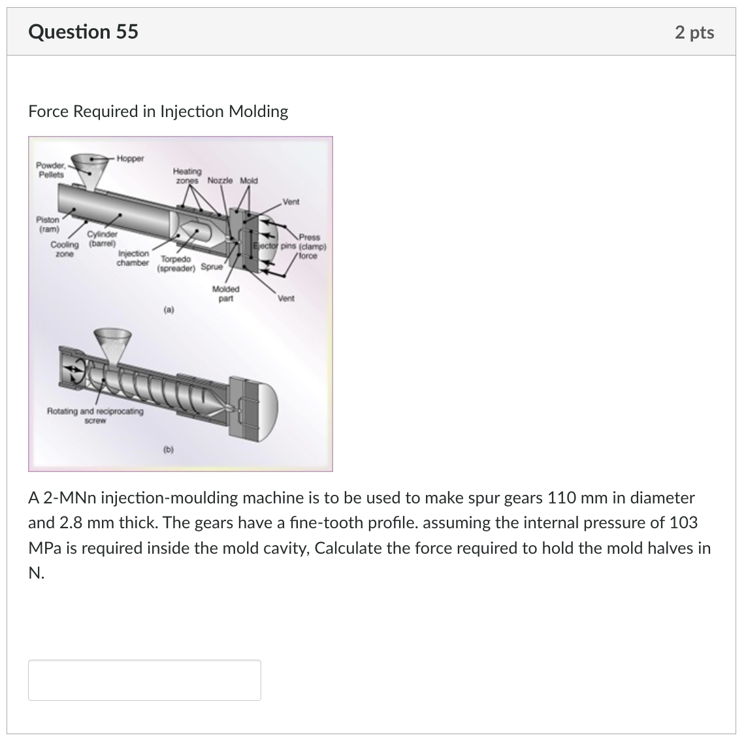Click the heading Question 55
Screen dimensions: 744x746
[84, 31]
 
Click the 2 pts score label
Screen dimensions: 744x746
[694, 33]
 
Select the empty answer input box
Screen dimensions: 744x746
[144, 680]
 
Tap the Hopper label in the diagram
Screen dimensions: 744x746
[131, 158]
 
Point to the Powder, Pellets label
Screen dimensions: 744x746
[50, 170]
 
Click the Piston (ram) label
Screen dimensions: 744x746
[48, 225]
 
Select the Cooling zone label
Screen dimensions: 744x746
[64, 249]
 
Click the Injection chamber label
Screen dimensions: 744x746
[133, 258]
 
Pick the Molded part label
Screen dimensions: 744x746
[226, 294]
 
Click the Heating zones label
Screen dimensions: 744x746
[187, 175]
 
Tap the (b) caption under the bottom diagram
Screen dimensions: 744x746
[169, 449]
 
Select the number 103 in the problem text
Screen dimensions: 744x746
[684, 523]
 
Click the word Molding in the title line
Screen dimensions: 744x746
[258, 112]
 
